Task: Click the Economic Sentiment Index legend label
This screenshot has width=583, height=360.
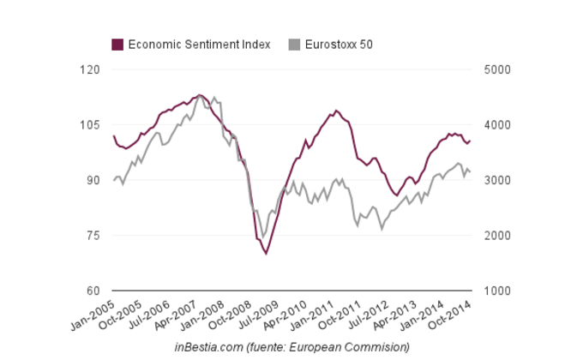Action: tap(199, 45)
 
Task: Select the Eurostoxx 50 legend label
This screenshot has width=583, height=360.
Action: tap(339, 45)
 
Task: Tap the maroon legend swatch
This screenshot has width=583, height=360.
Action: tap(117, 45)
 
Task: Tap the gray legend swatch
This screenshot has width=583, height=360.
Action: tap(294, 45)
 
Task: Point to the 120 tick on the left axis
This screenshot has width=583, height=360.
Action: tap(89, 69)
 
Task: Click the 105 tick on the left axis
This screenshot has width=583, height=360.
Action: tap(89, 125)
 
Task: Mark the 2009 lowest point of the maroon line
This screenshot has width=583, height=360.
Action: tap(266, 254)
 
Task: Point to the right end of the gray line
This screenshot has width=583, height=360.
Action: tap(470, 172)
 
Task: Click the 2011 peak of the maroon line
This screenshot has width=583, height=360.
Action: tap(336, 111)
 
